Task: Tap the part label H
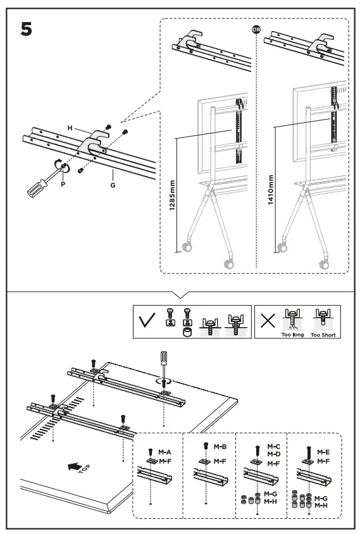[x=71, y=128]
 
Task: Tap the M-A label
[x=165, y=452]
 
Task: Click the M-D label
[x=273, y=454]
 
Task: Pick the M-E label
[x=324, y=452]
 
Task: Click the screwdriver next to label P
[x=40, y=180]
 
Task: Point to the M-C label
[x=273, y=446]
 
